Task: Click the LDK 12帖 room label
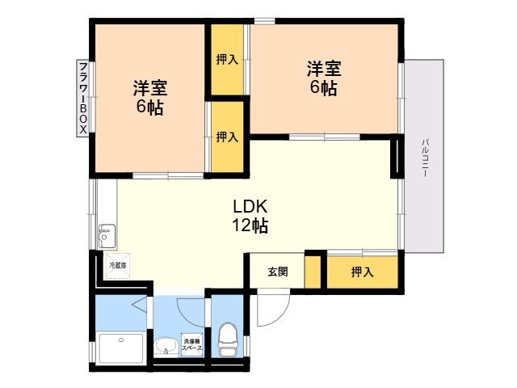pyautogui.click(x=250, y=217)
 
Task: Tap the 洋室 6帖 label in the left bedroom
pyautogui.click(x=150, y=97)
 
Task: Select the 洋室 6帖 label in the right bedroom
pyautogui.click(x=324, y=78)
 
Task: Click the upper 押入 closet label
pyautogui.click(x=227, y=60)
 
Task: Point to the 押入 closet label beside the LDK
pyautogui.click(x=227, y=137)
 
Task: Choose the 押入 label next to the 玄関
pyautogui.click(x=363, y=272)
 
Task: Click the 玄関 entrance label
pyautogui.click(x=278, y=272)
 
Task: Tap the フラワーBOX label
pyautogui.click(x=83, y=98)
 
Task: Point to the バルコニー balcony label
pyautogui.click(x=426, y=158)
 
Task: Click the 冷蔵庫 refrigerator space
pyautogui.click(x=118, y=266)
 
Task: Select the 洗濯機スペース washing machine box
pyautogui.click(x=192, y=345)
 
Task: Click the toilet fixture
pyautogui.click(x=228, y=339)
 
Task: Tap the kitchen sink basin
pyautogui.click(x=107, y=236)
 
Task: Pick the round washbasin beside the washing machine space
pyautogui.click(x=166, y=347)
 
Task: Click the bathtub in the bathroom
pyautogui.click(x=122, y=348)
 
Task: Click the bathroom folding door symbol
pyautogui.click(x=140, y=304)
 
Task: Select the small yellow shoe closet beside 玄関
pyautogui.click(x=313, y=272)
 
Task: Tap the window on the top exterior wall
pyautogui.click(x=264, y=21)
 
